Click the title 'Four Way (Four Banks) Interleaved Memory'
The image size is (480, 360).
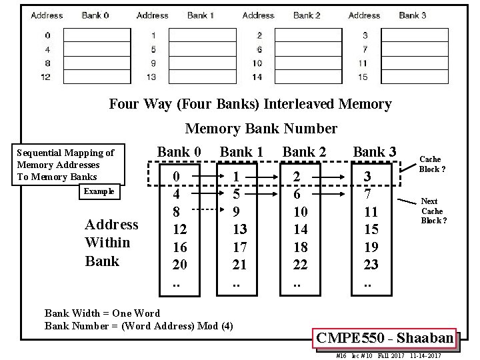click(250, 104)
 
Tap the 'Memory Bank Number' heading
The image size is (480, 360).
click(261, 128)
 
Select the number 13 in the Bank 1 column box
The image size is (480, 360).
click(239, 229)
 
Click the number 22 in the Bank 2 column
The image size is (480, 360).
click(301, 265)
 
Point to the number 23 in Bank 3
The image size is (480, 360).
click(371, 265)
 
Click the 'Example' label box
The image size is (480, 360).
click(97, 192)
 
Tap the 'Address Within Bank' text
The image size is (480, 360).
click(111, 243)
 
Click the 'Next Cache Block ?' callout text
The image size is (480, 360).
click(433, 210)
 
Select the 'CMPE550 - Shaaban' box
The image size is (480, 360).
click(385, 338)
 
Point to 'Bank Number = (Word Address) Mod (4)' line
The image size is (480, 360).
click(139, 326)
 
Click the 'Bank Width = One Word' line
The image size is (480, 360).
click(102, 313)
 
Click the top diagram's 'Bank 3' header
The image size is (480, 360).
click(413, 15)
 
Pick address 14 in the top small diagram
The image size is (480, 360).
click(257, 77)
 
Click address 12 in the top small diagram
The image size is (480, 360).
click(46, 77)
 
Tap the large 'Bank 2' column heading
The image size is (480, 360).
click(304, 152)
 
